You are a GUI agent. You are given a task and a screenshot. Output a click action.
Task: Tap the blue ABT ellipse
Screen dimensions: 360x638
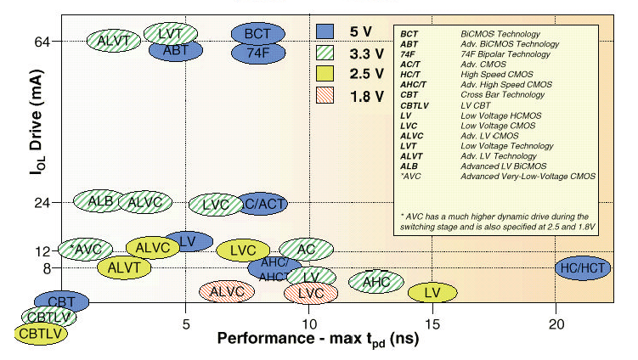175,50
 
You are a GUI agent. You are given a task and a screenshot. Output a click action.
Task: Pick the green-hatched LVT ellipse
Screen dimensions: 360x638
171,33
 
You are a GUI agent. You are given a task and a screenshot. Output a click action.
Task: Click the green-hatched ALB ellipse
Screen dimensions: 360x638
100,201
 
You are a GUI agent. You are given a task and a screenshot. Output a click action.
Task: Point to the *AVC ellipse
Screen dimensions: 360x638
85,249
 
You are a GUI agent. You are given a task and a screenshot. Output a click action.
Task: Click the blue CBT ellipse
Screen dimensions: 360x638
61,301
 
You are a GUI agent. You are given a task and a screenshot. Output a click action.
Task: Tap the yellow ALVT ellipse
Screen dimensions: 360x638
124,267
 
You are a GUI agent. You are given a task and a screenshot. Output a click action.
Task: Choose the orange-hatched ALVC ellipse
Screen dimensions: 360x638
227,291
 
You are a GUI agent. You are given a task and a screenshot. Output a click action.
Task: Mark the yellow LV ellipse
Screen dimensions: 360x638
432,293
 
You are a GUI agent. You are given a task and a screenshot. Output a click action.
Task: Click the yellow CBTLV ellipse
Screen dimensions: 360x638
41,333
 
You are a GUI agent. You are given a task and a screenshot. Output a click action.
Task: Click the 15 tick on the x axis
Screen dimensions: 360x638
433,324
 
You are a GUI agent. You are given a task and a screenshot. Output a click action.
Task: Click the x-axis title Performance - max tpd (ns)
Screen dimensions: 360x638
318,340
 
